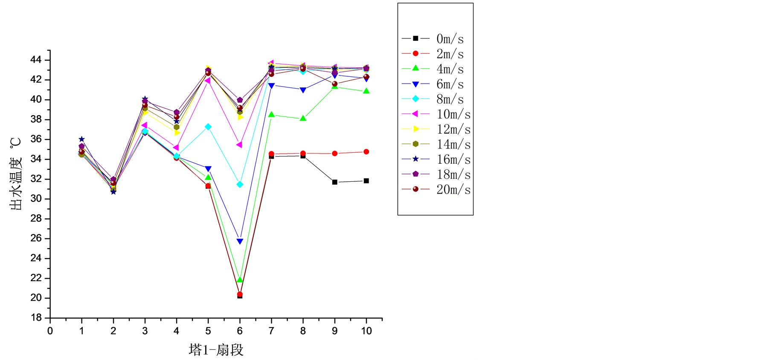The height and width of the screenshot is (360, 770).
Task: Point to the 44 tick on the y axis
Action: click(x=36, y=60)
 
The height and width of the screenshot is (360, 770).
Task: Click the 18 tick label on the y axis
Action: click(x=36, y=318)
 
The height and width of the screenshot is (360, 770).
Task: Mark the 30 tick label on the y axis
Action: click(x=36, y=199)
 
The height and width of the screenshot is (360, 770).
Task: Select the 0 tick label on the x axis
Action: click(x=50, y=331)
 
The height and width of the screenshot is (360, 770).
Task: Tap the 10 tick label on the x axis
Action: click(x=366, y=331)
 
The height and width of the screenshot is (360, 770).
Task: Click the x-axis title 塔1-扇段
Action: click(x=216, y=350)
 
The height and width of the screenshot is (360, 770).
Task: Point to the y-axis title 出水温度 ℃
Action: click(x=16, y=173)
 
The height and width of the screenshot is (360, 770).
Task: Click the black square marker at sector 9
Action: click(x=335, y=182)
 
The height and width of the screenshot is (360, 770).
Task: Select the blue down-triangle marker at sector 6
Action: click(x=240, y=241)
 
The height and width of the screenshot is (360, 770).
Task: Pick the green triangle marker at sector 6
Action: click(x=240, y=279)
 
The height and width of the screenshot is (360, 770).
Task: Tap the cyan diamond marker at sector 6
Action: click(x=240, y=184)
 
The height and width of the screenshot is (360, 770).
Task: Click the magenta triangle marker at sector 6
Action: click(x=239, y=145)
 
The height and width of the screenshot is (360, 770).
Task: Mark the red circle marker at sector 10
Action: click(x=366, y=152)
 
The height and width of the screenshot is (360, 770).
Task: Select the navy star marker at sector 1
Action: click(x=81, y=139)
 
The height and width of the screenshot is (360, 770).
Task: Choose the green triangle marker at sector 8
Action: click(x=303, y=118)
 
